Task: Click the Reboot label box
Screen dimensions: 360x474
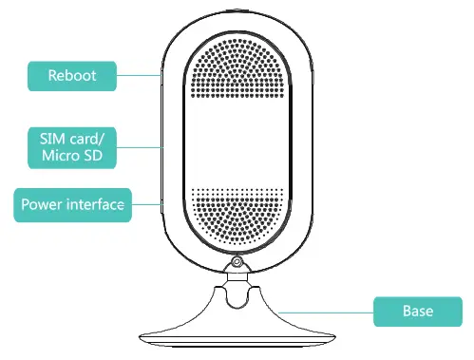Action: pos(72,75)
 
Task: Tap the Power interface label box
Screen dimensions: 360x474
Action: pos(71,203)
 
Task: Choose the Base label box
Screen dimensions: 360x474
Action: pos(417,311)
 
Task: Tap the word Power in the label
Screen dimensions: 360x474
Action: pos(40,203)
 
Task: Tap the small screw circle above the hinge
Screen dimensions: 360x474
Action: pos(234,262)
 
